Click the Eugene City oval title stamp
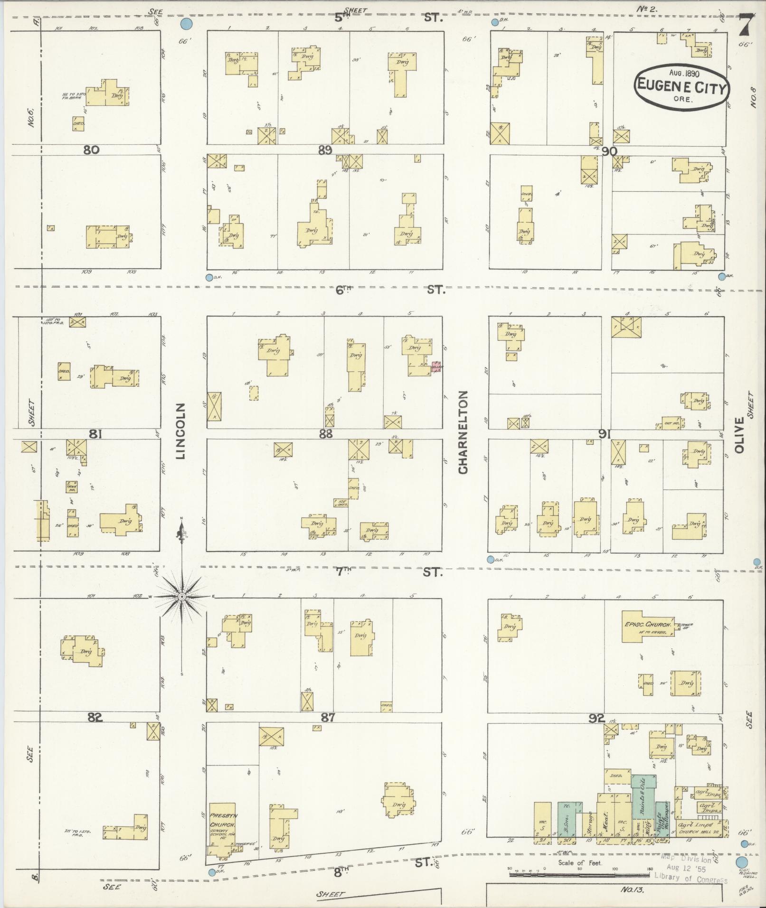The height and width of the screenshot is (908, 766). click(682, 87)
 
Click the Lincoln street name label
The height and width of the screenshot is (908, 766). click(180, 431)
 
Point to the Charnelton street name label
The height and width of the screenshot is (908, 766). click(463, 432)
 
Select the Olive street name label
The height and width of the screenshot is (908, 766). click(739, 435)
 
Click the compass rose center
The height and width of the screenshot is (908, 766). click(182, 597)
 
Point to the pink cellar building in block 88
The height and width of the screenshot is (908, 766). click(436, 367)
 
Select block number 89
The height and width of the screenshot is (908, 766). click(325, 150)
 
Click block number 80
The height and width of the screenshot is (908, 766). click(91, 150)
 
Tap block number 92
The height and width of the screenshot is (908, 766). click(596, 719)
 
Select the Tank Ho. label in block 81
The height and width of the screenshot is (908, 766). click(72, 487)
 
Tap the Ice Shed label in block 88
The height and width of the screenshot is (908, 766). click(341, 503)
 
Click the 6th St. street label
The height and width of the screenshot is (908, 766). click(343, 290)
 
